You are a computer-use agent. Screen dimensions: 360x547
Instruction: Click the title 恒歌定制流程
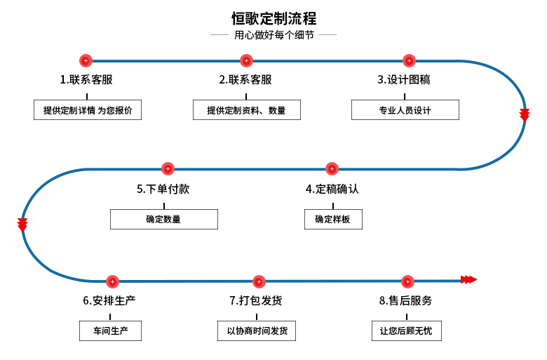point(273,18)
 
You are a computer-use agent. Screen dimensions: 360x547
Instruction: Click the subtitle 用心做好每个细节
point(273,34)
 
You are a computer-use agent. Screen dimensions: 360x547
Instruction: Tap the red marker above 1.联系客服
point(86,61)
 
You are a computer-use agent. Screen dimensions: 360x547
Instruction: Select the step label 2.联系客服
point(245,79)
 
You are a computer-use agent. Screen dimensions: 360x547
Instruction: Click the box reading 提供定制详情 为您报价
point(88,110)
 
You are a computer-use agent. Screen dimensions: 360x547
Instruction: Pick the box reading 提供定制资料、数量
point(246,110)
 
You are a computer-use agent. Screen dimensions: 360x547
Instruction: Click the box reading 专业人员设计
point(405,110)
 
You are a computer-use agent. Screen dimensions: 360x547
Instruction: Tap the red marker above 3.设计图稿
point(409,61)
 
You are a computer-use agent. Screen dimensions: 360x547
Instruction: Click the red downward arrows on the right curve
point(525,114)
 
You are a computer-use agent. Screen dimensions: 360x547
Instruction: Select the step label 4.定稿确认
point(332,189)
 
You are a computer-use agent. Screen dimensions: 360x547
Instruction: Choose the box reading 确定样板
point(333,219)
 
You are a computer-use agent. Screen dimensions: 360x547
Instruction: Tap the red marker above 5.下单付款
point(168,169)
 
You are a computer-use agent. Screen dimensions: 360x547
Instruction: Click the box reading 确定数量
point(163,219)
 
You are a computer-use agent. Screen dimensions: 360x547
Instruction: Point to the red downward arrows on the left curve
point(22,225)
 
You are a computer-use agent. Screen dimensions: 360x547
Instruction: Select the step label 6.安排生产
point(109,300)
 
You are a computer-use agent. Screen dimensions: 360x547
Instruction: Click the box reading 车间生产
point(110,331)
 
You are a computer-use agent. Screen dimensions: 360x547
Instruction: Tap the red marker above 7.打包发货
point(259,281)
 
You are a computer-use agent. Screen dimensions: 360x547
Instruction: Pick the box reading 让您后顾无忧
point(406,331)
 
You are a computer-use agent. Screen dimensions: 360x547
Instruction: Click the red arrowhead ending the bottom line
point(469,280)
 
